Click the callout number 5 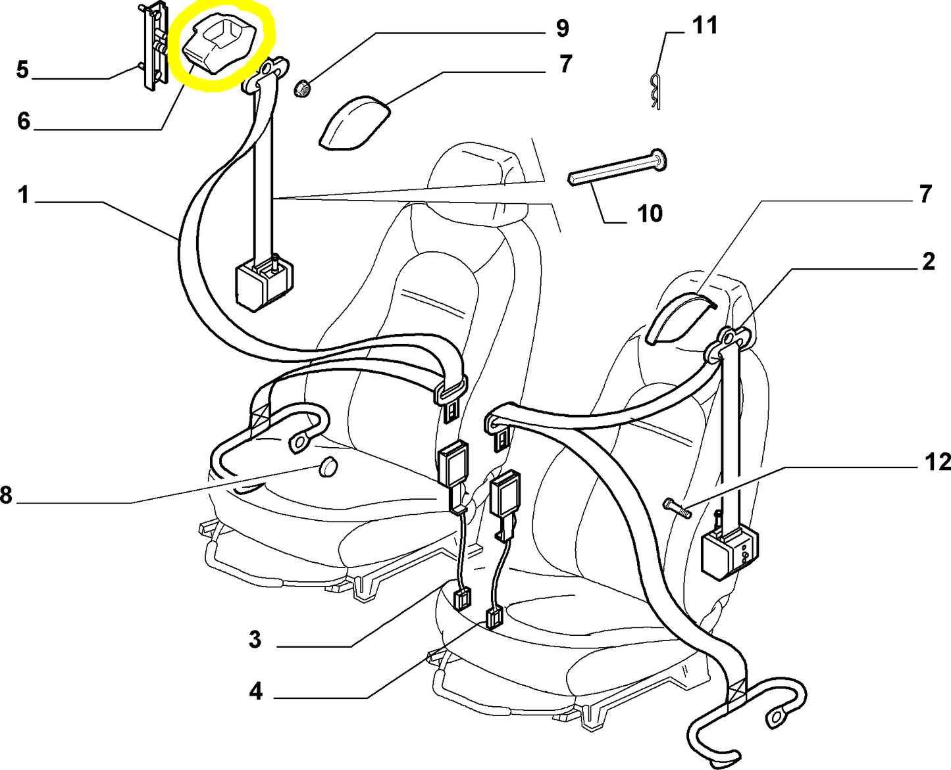click(x=23, y=69)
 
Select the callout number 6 click(x=24, y=121)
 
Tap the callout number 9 click(x=561, y=28)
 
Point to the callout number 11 click(x=704, y=26)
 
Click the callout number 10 click(x=650, y=213)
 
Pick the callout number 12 click(x=937, y=462)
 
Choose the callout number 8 click(x=7, y=494)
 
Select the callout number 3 click(x=255, y=639)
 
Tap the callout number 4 click(x=256, y=691)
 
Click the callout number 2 click(x=928, y=262)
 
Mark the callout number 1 click(x=24, y=195)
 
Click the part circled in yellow click(x=220, y=46)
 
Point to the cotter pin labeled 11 click(x=654, y=93)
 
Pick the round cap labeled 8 click(x=327, y=467)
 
